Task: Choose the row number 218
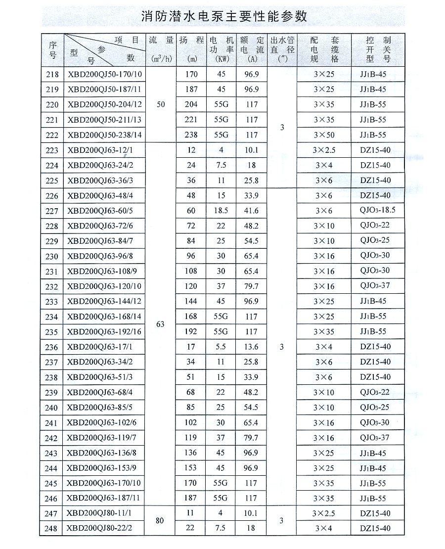pyautogui.click(x=51, y=75)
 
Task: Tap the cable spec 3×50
pyautogui.click(x=324, y=135)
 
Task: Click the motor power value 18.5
pyautogui.click(x=220, y=210)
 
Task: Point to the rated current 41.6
pyautogui.click(x=251, y=210)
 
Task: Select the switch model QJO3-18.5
pyautogui.click(x=378, y=210)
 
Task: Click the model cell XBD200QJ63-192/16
pyautogui.click(x=104, y=332)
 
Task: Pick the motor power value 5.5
pyautogui.click(x=220, y=347)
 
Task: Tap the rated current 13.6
pyautogui.click(x=251, y=347)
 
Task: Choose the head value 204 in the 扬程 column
pyautogui.click(x=191, y=104)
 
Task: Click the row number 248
pyautogui.click(x=51, y=529)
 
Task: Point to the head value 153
pyautogui.click(x=191, y=468)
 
